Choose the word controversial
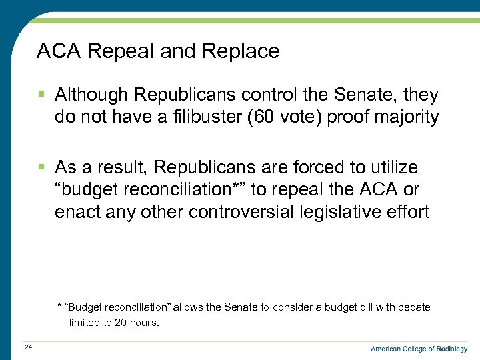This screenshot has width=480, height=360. [x=250, y=213]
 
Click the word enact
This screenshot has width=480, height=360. [x=76, y=213]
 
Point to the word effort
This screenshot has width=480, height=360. [x=408, y=213]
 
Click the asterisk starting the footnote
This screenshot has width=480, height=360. [x=59, y=307]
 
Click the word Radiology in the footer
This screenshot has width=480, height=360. [x=451, y=349]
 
